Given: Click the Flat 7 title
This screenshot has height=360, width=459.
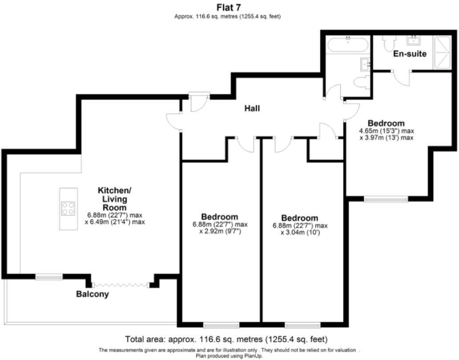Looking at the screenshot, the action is click(229, 7).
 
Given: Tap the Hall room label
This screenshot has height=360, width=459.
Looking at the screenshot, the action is click(252, 109).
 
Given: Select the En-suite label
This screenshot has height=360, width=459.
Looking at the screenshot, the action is click(410, 53).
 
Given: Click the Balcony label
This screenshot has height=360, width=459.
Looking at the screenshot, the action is click(93, 294).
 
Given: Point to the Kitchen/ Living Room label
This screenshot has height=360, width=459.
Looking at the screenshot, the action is click(114, 199).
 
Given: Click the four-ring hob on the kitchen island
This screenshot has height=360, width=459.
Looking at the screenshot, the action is click(68, 209).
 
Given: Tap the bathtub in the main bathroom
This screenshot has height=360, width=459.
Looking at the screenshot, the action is click(348, 45).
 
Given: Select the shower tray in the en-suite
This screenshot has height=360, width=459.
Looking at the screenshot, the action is click(442, 53).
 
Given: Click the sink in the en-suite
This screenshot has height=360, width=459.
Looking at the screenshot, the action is click(414, 40).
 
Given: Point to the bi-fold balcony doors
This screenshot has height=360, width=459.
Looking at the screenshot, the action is click(121, 284).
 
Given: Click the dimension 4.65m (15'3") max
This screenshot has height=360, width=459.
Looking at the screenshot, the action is click(387, 131).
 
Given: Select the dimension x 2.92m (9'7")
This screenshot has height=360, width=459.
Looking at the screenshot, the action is click(220, 232).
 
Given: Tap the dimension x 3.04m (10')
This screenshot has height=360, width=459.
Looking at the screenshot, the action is click(300, 233).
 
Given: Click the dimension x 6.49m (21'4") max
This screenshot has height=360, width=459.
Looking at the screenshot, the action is click(115, 222).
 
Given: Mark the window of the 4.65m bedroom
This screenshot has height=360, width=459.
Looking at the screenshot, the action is click(386, 199).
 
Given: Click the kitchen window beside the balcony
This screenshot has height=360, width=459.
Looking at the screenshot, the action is click(49, 276).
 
